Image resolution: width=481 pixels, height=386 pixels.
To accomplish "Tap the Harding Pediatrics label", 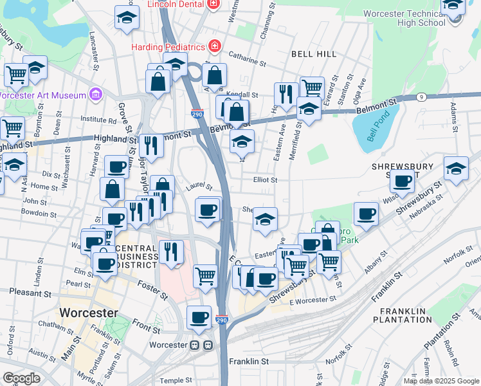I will [x=168, y=47].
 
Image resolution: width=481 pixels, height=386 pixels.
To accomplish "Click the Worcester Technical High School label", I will [x=403, y=18].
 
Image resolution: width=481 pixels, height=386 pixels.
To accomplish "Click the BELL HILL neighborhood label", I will [x=314, y=54].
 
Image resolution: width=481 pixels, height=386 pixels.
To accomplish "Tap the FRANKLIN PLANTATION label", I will [x=401, y=315].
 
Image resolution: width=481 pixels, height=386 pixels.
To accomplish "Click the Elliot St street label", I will [x=265, y=181].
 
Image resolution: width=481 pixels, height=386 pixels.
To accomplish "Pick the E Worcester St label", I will [x=313, y=300].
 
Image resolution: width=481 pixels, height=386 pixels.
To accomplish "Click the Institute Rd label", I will [x=98, y=119].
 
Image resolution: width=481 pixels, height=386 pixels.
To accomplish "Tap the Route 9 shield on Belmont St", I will [x=421, y=96].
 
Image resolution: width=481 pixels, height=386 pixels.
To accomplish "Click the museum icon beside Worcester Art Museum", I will [x=95, y=95].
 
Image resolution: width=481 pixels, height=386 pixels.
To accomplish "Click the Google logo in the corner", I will [x=21, y=378].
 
